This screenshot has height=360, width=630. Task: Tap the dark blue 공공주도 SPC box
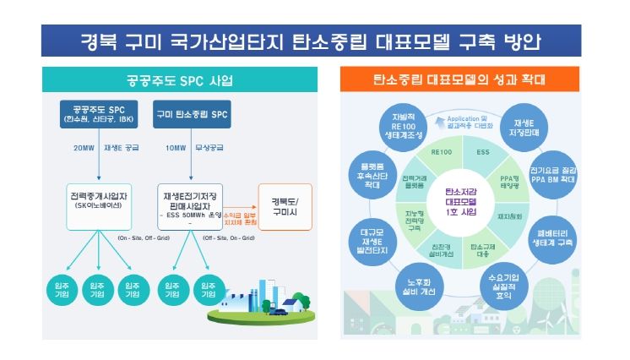point(98,115)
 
